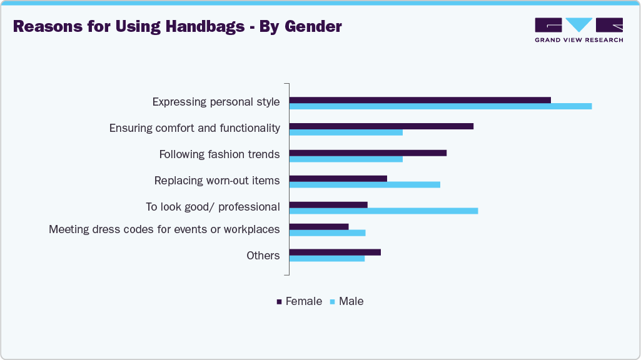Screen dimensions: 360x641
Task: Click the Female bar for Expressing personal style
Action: coord(420,100)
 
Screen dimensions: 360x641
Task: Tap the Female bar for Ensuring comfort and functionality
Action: coord(381,126)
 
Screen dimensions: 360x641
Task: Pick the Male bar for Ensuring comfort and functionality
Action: coord(346,132)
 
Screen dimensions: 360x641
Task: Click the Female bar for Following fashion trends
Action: coord(368,152)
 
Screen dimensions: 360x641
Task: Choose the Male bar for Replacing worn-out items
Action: coord(365,185)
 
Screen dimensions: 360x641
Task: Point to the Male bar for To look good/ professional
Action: coord(383,211)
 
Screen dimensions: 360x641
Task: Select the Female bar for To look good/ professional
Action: coord(328,204)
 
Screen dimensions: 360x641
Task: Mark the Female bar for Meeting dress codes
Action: coord(319,226)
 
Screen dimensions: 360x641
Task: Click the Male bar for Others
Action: coord(327,258)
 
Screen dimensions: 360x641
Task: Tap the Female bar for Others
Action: coord(335,252)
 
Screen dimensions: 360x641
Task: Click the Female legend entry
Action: coord(300,301)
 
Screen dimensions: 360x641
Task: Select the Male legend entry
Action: coord(346,301)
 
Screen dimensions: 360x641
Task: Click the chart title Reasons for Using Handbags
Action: coord(177,26)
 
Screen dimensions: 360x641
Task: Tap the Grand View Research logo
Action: coord(578,29)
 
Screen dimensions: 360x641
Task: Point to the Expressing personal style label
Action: coord(216,102)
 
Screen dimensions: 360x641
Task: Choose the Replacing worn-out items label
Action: coord(217,181)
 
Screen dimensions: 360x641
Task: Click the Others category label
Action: coord(263,255)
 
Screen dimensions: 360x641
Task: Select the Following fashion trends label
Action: coord(220,154)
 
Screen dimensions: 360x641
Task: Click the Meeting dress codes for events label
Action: coord(164,229)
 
